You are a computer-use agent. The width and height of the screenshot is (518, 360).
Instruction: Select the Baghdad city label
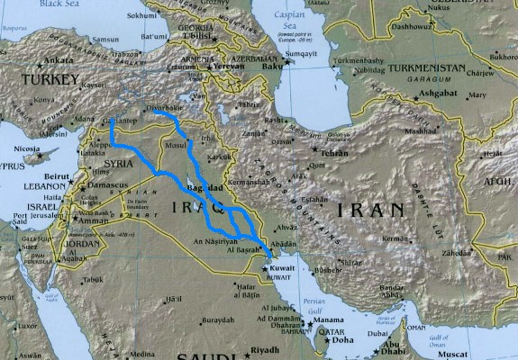[x=204, y=188]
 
